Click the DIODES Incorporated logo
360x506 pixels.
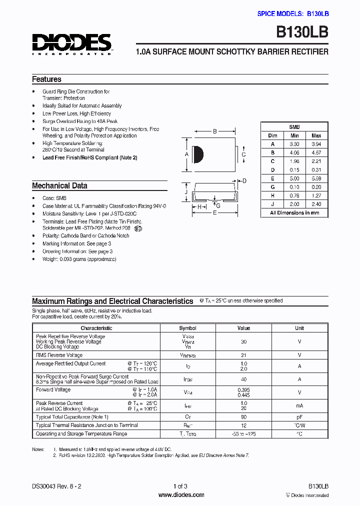tap(72, 44)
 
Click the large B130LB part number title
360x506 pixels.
tap(302, 33)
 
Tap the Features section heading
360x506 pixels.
tap(46, 79)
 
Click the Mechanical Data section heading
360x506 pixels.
tap(59, 185)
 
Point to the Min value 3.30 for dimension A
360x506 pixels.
tap(294, 144)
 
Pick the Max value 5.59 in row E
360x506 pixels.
tap(316, 178)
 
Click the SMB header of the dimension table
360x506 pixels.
tap(294, 127)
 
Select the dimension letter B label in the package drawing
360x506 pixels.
tap(215, 131)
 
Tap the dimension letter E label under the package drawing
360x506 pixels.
tap(215, 212)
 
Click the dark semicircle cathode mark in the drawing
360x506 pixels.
tap(197, 154)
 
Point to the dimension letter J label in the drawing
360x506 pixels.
tap(185, 192)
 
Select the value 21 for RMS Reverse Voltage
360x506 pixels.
tap(243, 354)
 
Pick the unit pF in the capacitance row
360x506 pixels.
tap(299, 416)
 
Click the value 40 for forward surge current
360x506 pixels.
tap(243, 379)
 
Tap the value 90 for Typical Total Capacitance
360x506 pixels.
tap(243, 416)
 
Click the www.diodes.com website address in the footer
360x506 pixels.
tap(181, 495)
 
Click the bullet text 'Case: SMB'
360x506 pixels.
tap(54, 198)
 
